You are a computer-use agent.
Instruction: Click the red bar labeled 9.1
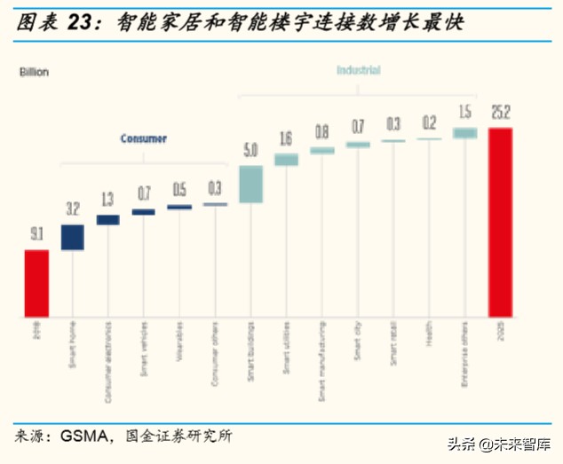point(36,282)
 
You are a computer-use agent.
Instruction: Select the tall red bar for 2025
point(500,222)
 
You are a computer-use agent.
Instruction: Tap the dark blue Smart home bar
point(72,237)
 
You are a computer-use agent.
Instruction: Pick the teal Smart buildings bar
point(250,184)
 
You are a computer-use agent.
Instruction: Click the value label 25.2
point(500,114)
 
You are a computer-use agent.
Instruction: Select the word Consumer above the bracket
point(144,139)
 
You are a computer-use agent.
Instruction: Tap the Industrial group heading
point(358,70)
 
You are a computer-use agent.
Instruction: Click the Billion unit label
point(34,72)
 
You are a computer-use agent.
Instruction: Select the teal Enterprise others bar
point(464,133)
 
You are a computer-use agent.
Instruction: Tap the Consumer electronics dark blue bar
point(107,219)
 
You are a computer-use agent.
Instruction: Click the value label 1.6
point(286,138)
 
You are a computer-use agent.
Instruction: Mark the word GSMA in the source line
point(84,436)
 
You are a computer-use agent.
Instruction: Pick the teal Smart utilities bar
point(286,160)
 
